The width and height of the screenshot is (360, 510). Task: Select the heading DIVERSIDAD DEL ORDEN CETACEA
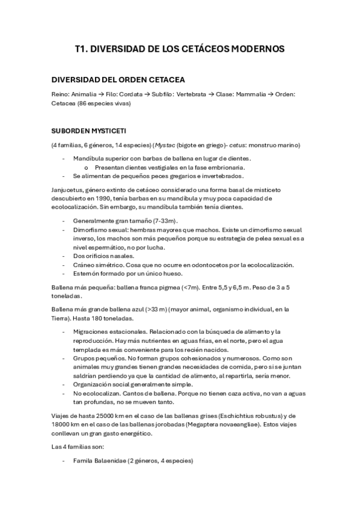118,79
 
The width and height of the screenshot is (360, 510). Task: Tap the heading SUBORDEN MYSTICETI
88,130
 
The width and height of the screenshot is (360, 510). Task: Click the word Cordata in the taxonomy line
130,94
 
